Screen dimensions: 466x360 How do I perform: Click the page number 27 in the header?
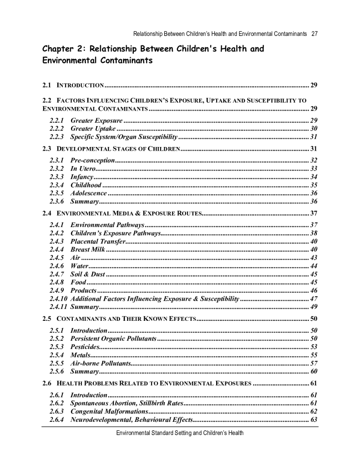(314, 34)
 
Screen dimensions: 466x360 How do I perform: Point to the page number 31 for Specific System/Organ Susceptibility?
(313, 137)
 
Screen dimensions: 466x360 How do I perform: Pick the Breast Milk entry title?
(88, 249)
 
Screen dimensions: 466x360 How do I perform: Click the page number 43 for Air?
(313, 258)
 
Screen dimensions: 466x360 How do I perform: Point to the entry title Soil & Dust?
(88, 274)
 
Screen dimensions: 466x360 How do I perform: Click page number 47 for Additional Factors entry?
(313, 299)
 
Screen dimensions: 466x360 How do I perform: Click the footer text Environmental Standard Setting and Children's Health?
(180, 433)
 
